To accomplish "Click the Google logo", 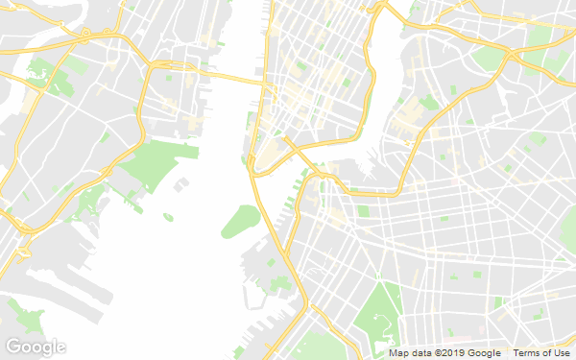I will (x=36, y=347).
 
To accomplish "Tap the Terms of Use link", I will (x=540, y=353).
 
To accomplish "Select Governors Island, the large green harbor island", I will (x=240, y=222).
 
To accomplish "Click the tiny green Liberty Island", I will (x=168, y=217).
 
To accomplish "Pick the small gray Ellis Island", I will (x=180, y=182).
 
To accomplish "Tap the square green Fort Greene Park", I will (x=363, y=210).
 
